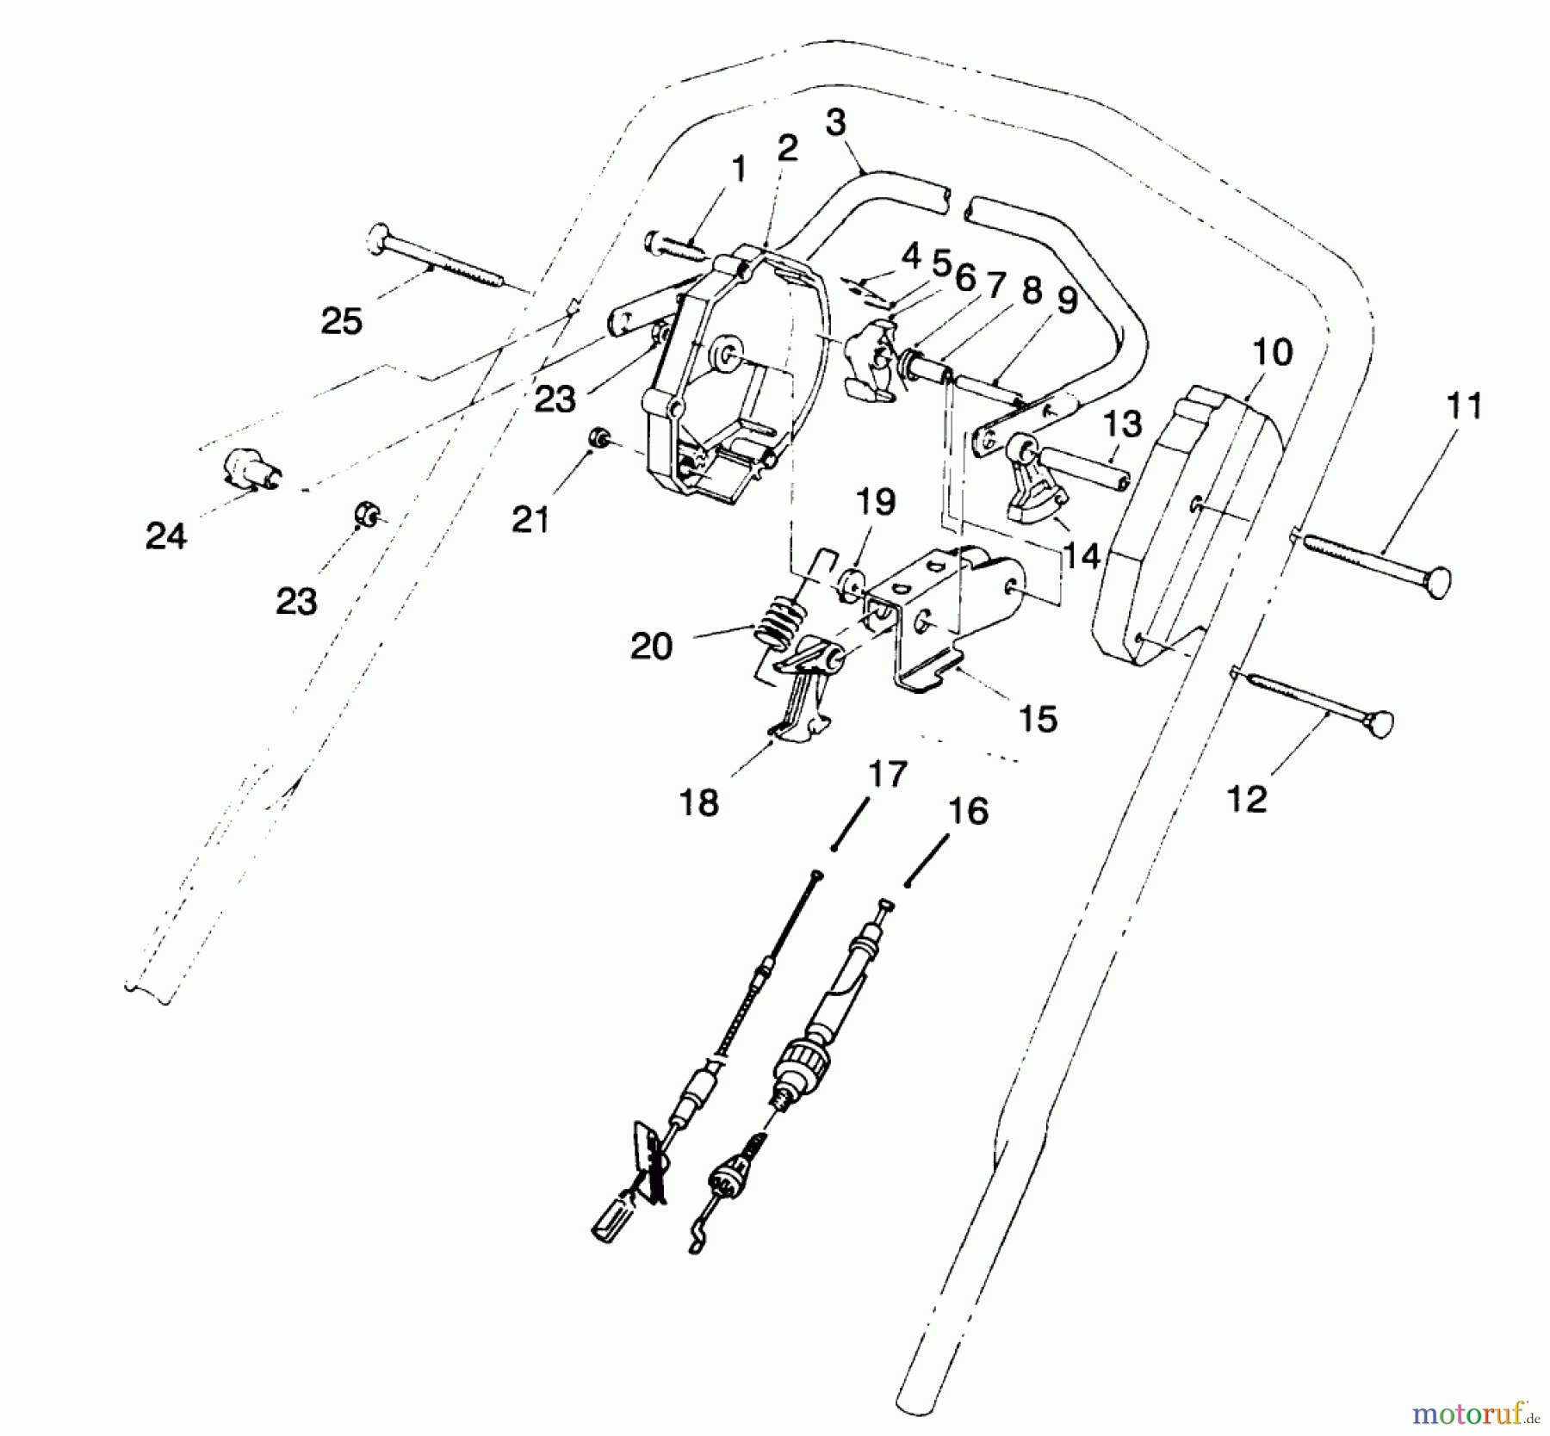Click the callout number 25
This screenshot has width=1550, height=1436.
click(342, 322)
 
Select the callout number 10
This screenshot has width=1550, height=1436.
click(1273, 352)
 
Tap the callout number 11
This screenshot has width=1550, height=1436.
click(1464, 405)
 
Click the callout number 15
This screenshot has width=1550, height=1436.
click(1038, 719)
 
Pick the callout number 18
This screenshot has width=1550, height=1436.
click(698, 803)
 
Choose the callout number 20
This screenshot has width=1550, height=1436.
click(651, 646)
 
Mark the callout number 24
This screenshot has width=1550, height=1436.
click(166, 536)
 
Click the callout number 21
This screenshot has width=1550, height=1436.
click(530, 519)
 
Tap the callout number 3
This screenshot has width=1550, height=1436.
click(835, 122)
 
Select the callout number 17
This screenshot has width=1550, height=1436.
click(888, 774)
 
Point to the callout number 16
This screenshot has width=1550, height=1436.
click(968, 811)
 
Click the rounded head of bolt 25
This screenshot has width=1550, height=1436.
click(379, 238)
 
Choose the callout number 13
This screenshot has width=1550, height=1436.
click(1122, 424)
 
